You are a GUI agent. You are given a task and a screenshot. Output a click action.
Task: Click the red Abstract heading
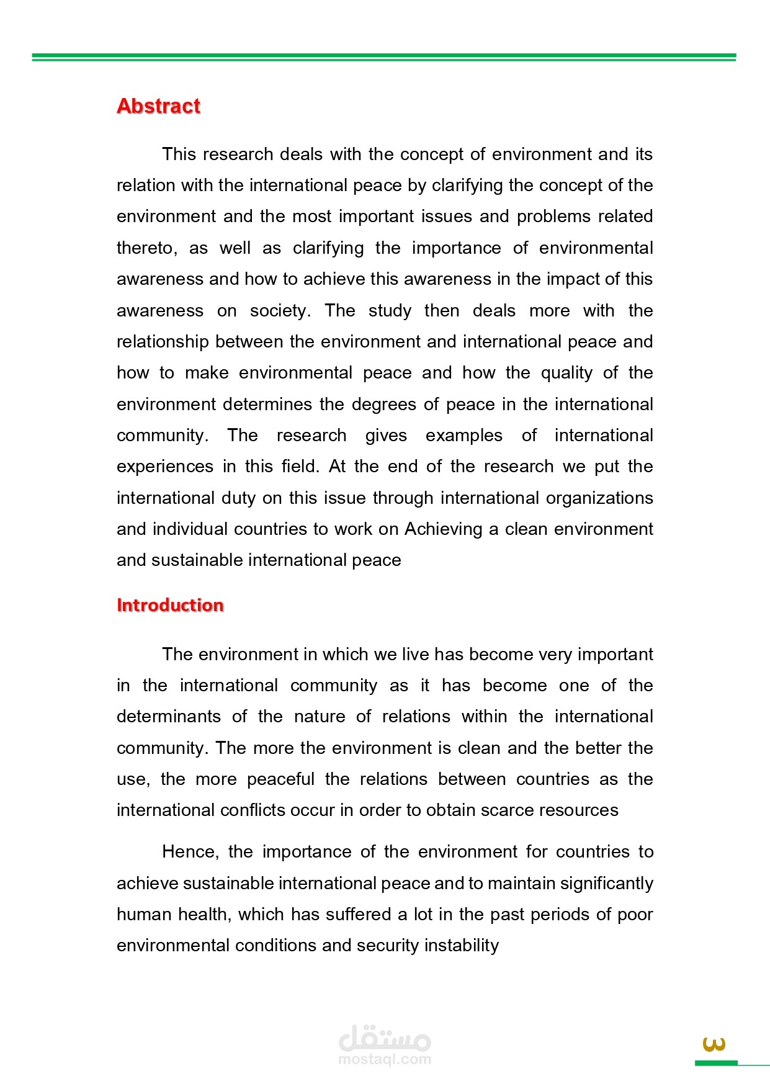(158, 106)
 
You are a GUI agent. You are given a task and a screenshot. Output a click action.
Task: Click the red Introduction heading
(170, 605)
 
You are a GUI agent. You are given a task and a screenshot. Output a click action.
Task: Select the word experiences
(165, 467)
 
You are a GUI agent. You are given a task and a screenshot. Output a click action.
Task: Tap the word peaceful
(280, 779)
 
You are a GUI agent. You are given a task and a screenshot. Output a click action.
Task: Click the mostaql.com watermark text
(385, 1059)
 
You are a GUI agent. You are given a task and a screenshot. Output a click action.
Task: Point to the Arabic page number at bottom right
(714, 1044)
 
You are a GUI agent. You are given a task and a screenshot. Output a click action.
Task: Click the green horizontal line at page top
(384, 57)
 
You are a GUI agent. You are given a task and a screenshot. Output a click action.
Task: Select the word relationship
(163, 342)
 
